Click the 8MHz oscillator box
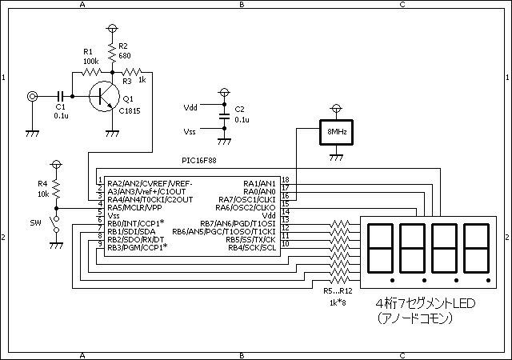point(336,132)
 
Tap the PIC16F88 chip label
point(199,161)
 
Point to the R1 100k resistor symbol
point(91,72)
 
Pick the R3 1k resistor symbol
point(131,72)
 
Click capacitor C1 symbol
point(61,96)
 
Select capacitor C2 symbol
point(224,116)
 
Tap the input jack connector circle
point(32,96)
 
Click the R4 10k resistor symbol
point(56,190)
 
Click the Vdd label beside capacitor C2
point(190,107)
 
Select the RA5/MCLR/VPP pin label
point(134,208)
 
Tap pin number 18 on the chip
point(286,180)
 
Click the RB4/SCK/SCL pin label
point(252,248)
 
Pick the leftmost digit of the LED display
point(380,248)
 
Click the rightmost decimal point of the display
point(488,280)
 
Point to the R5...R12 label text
point(338,290)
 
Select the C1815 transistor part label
point(130,111)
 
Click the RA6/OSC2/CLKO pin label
point(246,208)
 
